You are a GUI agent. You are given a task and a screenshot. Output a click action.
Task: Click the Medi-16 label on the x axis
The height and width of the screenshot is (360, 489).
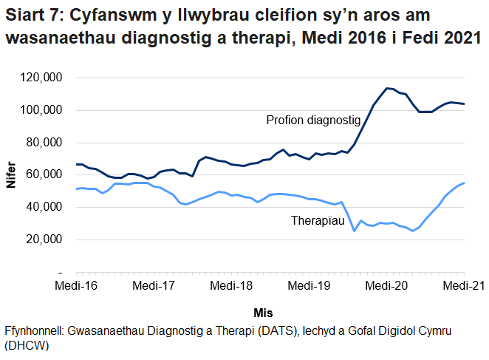coord(76,285)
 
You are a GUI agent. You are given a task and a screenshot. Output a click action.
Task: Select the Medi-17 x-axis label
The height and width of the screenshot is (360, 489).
coord(154,285)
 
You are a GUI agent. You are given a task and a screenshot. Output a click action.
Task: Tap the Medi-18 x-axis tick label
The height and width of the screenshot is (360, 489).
coord(231,285)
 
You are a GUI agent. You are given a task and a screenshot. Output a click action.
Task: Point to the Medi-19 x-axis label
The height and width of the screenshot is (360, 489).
coord(309,285)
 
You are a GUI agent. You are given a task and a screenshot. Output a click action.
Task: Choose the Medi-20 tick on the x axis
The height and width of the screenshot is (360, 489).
coord(386,285)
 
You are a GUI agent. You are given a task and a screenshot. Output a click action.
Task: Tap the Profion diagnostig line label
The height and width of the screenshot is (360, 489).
coord(312,119)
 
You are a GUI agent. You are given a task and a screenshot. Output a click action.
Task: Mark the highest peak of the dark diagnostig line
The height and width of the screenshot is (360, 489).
coord(386,88)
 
